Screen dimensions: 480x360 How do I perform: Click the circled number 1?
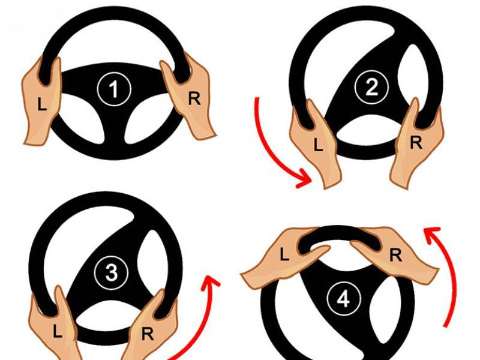click(114, 89)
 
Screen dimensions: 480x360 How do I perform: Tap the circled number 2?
click(371, 87)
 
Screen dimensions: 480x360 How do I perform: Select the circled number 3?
click(111, 273)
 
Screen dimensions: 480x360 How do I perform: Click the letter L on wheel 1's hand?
click(41, 104)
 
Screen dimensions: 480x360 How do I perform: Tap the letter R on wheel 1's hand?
click(194, 98)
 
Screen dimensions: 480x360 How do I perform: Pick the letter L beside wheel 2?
click(318, 144)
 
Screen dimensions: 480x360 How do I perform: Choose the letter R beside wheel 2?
click(416, 142)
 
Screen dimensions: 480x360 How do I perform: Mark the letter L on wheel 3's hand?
click(57, 331)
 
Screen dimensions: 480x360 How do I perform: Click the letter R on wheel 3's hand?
click(148, 334)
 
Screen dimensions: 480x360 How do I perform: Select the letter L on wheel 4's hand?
click(284, 254)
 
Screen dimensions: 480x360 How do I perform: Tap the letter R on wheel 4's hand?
click(395, 254)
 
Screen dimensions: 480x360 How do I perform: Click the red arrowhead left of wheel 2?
click(305, 179)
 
